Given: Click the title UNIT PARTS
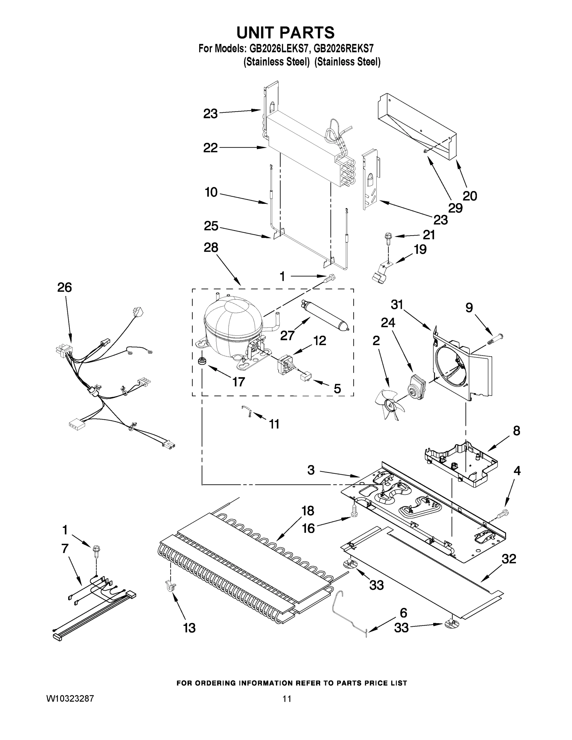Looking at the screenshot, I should coord(285,33).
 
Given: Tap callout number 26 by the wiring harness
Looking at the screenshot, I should coord(64,288).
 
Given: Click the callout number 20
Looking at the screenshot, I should coord(470,196).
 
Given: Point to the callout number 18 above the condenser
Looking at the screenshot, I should coord(308,511).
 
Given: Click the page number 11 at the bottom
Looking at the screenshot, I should coord(287,699).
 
